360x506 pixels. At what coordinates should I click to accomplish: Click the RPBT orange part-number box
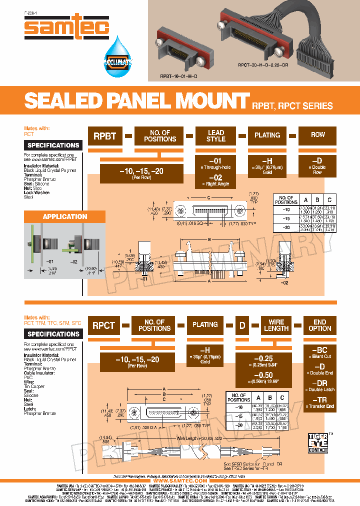(x=104, y=136)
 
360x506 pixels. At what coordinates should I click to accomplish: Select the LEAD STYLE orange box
(x=215, y=136)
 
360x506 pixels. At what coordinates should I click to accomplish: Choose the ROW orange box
(x=317, y=136)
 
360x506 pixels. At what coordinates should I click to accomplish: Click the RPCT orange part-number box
(x=103, y=325)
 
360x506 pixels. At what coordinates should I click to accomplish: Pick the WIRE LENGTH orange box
(x=276, y=325)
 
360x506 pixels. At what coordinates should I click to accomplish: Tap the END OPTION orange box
(x=319, y=325)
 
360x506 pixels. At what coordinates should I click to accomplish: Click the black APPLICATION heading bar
(x=65, y=216)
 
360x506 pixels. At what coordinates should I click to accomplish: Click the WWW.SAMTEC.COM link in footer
(x=180, y=480)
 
